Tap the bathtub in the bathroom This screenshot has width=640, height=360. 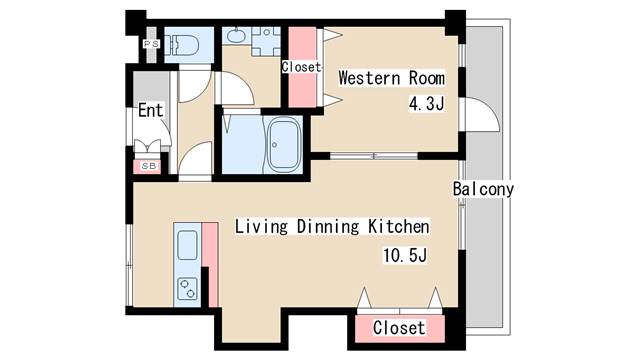click(282, 144)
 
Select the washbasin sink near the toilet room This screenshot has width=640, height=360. click(236, 36)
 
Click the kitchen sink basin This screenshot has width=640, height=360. click(187, 245)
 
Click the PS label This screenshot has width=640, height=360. click(151, 43)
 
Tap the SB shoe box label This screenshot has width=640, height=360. click(149, 166)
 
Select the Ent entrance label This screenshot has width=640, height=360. click(150, 110)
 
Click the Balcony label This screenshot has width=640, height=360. click(483, 189)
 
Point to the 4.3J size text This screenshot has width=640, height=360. click(426, 104)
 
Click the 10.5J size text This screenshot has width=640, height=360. click(404, 255)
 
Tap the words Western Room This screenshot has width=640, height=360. click(391, 78)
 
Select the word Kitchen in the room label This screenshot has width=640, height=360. click(398, 227)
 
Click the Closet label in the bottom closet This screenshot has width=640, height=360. click(399, 328)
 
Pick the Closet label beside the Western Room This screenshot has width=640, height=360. click(302, 67)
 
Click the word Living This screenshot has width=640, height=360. click(261, 227)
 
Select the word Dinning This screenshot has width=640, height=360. click(328, 227)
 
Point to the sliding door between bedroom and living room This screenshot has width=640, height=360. click(374, 156)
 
